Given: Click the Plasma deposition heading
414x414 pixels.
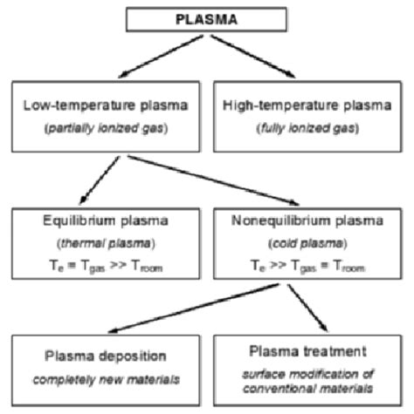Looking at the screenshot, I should point(103,356).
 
